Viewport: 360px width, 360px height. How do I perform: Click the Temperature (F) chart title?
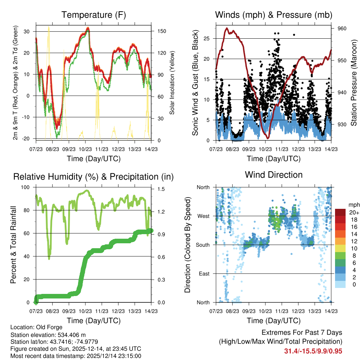pos(94,15)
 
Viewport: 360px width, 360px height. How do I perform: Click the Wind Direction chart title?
pos(274,175)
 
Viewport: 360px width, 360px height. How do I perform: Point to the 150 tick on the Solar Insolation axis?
pos(162,31)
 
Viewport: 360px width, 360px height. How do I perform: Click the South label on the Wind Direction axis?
pos(203,245)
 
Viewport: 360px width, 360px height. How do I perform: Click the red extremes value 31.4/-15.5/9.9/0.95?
pos(313,351)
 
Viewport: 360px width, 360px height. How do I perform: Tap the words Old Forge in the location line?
pos(49,327)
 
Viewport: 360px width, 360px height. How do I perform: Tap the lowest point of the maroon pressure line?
pos(268,138)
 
